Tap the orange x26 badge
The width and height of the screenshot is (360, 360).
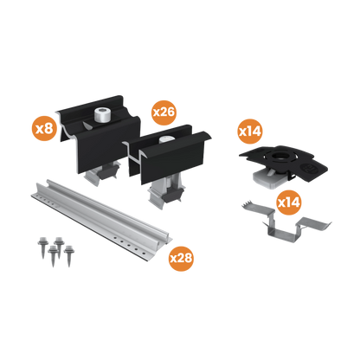164,111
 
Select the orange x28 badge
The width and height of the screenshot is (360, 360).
181,258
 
